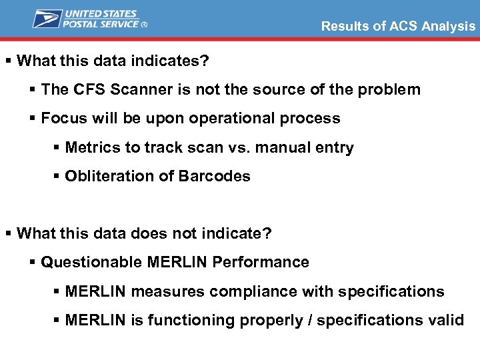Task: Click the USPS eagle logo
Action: point(47,19)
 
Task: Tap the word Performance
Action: point(261,263)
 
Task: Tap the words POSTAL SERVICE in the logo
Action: point(101,24)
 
